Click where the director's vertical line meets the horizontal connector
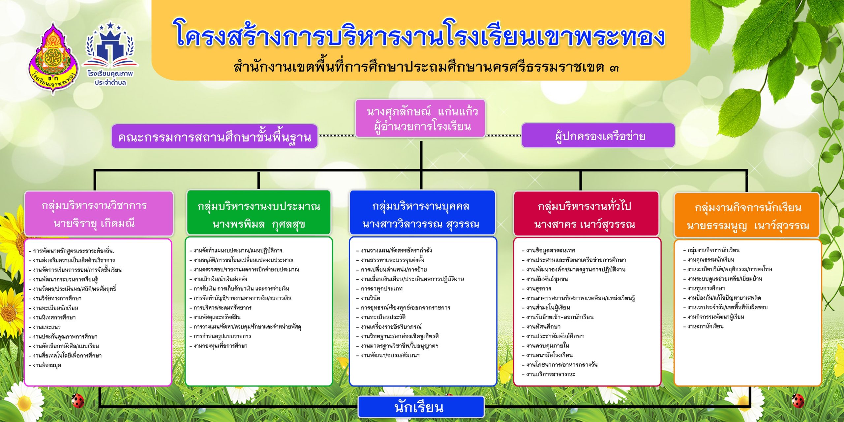click(x=421, y=170)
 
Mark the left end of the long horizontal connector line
click(x=94, y=170)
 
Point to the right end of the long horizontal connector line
click(x=747, y=170)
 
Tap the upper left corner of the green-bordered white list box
click(x=186, y=237)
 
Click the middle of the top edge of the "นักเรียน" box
click(x=421, y=397)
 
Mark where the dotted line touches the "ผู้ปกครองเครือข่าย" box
click(x=521, y=136)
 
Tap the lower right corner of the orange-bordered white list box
click(x=821, y=385)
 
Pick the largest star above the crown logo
click(x=110, y=25)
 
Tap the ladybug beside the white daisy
click(x=78, y=400)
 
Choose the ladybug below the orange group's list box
click(x=798, y=401)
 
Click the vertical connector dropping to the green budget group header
click(x=258, y=180)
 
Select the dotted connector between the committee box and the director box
click(x=337, y=136)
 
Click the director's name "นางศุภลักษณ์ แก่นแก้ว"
click(x=422, y=111)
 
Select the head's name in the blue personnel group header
click(x=421, y=225)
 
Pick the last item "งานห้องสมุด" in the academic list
click(x=47, y=365)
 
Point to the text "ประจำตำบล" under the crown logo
click(x=110, y=83)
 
